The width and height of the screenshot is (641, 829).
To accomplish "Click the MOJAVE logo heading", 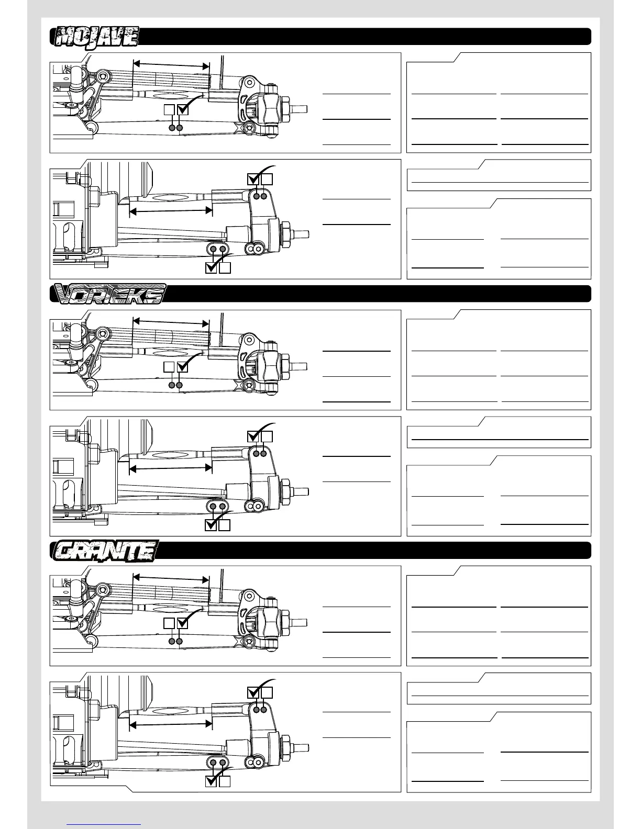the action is [95, 37].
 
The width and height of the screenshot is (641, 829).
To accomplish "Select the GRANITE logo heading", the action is [105, 551].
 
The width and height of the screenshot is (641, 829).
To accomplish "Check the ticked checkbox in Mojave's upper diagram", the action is [183, 109].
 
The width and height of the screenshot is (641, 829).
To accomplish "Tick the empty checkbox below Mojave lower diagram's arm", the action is [225, 267].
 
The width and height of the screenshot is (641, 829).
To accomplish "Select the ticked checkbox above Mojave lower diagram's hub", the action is [253, 179].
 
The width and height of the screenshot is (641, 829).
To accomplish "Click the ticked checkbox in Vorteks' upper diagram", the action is [183, 367].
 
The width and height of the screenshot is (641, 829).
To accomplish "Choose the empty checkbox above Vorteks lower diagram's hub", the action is [267, 436].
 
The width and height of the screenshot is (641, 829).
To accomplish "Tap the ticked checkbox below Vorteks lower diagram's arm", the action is [211, 525].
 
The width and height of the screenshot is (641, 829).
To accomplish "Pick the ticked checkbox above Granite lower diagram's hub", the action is [253, 692].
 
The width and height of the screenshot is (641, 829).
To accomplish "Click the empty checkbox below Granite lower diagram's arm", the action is [225, 781].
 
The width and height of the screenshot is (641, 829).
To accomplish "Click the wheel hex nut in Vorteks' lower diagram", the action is [288, 491].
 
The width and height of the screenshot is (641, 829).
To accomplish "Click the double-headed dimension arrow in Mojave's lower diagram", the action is [171, 211].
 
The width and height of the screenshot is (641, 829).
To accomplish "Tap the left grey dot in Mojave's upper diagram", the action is [172, 128].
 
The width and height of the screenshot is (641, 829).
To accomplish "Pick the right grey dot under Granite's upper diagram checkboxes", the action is [179, 641].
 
